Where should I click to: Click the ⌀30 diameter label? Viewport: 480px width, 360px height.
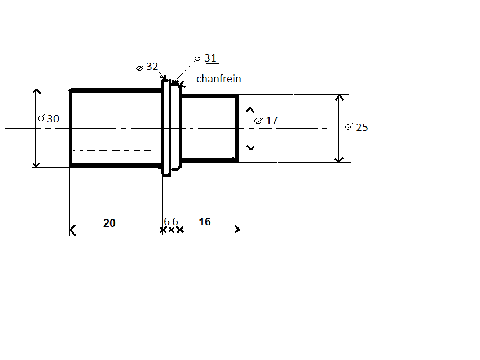click(49, 118)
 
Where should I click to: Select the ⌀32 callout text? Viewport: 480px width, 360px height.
click(147, 67)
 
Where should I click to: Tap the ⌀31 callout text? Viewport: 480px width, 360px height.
click(205, 58)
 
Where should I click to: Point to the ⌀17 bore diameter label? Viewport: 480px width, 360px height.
click(266, 120)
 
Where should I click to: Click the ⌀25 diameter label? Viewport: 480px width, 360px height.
click(356, 127)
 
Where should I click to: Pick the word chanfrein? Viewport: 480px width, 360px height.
click(219, 78)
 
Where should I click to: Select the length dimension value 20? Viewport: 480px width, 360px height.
click(109, 223)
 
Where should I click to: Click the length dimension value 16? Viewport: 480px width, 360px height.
click(205, 222)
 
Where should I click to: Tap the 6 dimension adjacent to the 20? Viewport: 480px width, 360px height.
click(166, 221)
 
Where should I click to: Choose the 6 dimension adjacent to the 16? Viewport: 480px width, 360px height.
click(175, 221)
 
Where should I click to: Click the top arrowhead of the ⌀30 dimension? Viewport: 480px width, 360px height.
click(37, 91)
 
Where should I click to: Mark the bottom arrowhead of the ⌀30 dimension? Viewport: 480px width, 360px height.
click(37, 165)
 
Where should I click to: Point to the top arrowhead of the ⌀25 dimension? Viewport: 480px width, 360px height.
click(339, 98)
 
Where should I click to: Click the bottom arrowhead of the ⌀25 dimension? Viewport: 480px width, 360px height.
click(339, 160)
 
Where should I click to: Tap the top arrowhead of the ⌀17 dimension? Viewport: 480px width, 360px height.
click(250, 109)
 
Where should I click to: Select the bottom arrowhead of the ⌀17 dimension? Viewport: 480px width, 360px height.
click(250, 147)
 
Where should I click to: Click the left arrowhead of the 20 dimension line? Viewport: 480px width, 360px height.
click(72, 230)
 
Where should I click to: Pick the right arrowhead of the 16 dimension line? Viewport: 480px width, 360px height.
click(237, 230)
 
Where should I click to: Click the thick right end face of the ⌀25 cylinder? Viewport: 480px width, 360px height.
click(237, 128)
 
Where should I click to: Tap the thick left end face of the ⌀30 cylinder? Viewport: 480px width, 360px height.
click(71, 128)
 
